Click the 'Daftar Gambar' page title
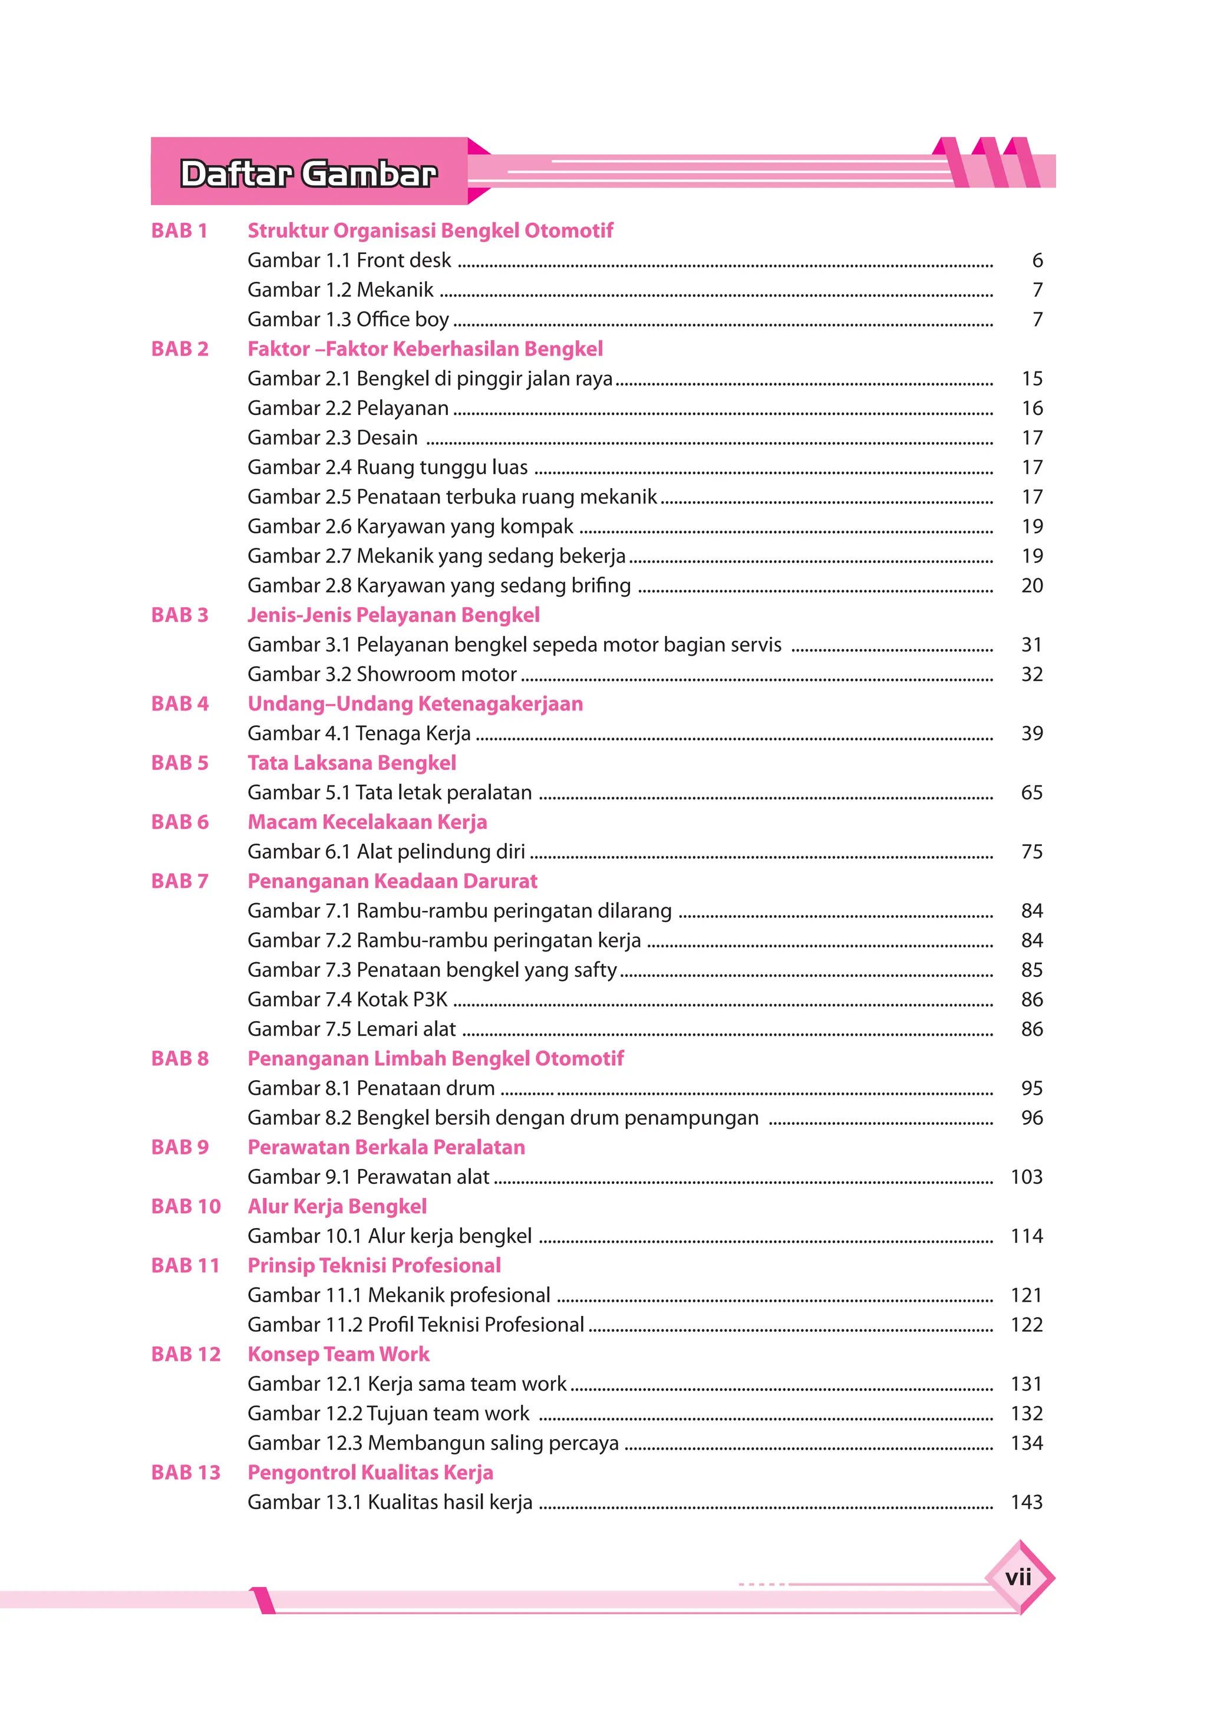(x=308, y=173)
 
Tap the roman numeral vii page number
(x=1017, y=1577)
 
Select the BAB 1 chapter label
(x=179, y=230)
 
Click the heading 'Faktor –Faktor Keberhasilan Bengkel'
(x=425, y=349)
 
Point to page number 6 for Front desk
(x=1037, y=260)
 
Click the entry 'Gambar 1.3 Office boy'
(x=348, y=319)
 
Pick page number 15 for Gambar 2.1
(x=1031, y=378)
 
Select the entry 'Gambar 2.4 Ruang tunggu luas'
(x=388, y=467)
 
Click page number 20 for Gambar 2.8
(x=1031, y=585)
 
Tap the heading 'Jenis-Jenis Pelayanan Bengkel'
(x=394, y=615)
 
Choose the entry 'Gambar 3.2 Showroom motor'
(x=382, y=674)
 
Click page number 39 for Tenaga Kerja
(x=1031, y=733)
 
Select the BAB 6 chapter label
(x=180, y=822)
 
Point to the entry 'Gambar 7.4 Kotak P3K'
(x=347, y=999)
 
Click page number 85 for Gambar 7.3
(x=1031, y=970)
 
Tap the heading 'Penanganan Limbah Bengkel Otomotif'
(x=436, y=1058)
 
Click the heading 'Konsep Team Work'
(x=338, y=1354)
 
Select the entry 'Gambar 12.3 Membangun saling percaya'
(x=433, y=1443)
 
